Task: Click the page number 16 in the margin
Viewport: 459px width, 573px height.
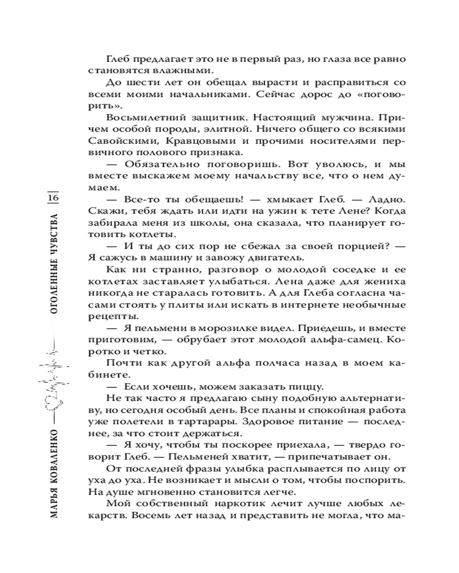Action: [x=53, y=198]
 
